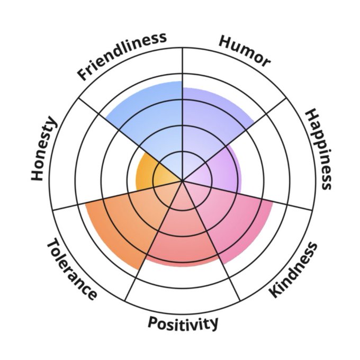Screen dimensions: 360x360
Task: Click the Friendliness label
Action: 122,56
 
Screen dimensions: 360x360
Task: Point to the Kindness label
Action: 293,270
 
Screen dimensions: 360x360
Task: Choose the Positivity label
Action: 183,322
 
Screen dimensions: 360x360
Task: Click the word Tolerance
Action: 72,269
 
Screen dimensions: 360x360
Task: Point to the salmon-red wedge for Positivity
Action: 183,238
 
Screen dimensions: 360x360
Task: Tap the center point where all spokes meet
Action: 183,181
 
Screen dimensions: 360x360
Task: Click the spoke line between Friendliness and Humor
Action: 183,69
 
